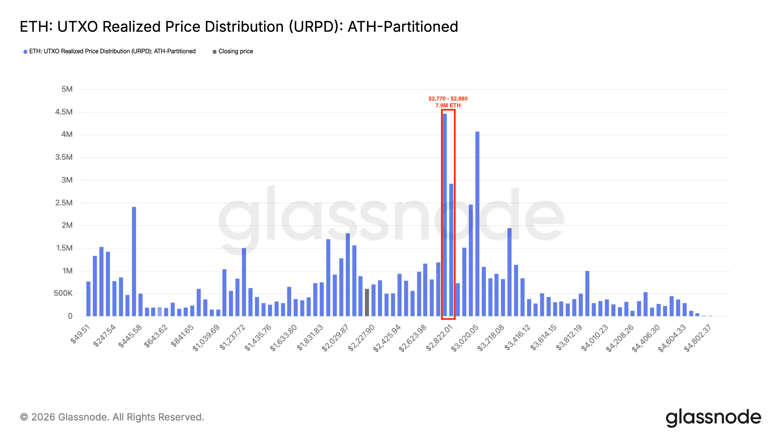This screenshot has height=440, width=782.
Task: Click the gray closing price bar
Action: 367,302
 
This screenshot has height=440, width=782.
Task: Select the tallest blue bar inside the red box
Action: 445,214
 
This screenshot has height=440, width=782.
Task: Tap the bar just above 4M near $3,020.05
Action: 477,223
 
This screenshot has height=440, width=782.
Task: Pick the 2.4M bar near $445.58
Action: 134,261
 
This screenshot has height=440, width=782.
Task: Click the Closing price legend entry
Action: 235,52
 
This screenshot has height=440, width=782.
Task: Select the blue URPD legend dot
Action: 25,52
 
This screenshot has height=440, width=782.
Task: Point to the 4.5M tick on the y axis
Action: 64,112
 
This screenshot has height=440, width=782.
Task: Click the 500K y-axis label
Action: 63,293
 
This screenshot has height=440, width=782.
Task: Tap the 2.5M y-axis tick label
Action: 64,203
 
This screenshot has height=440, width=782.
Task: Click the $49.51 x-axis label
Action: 81,333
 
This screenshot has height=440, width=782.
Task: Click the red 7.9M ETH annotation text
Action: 448,105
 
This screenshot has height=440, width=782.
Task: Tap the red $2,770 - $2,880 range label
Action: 448,99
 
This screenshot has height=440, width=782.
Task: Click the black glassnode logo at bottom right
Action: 713,417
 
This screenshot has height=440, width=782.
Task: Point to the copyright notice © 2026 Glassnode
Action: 112,417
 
